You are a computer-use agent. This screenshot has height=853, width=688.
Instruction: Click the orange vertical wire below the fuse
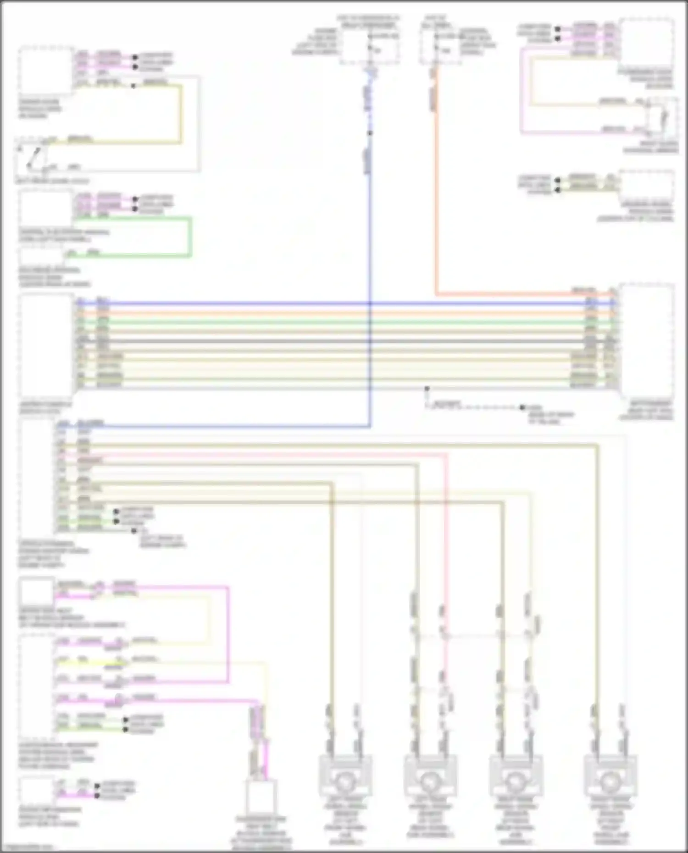436,193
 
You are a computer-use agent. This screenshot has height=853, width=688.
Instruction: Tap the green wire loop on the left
189,237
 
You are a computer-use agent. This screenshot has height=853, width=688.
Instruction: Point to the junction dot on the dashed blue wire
370,133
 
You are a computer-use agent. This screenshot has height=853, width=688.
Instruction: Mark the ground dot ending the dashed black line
522,407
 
